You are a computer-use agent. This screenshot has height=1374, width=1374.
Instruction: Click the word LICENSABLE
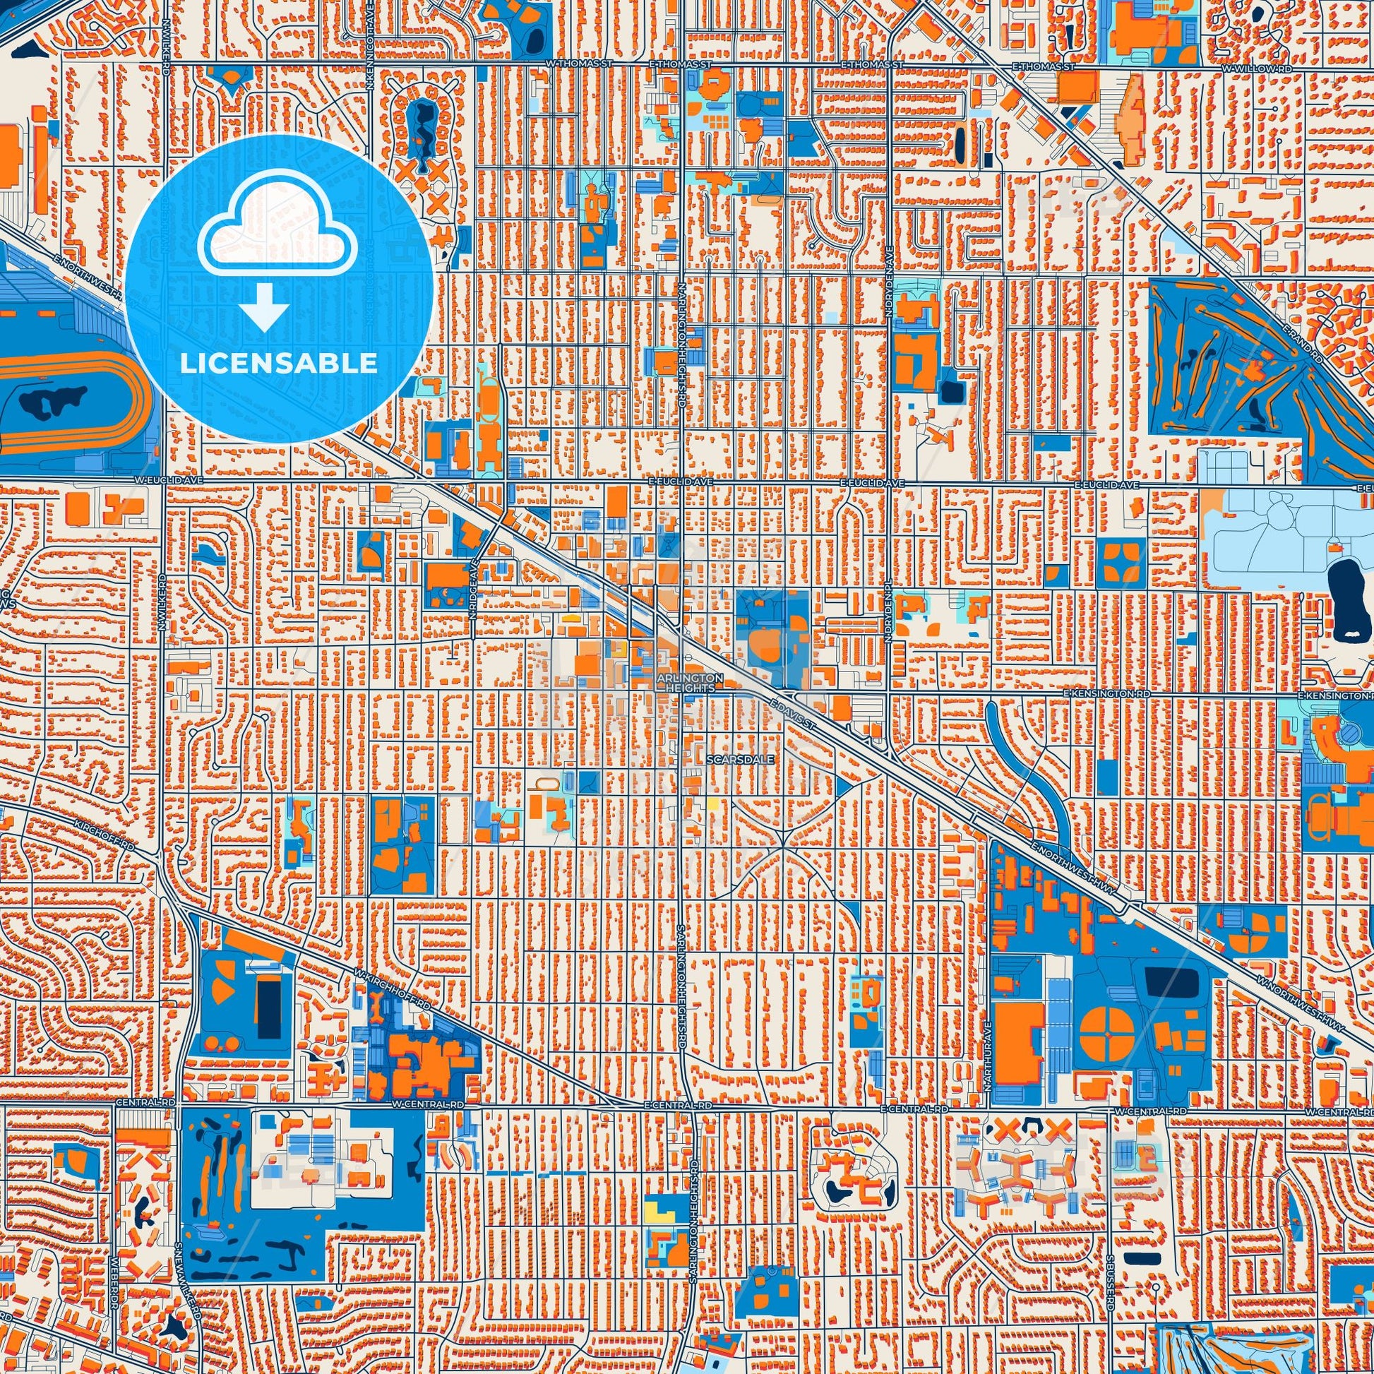tap(278, 364)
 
